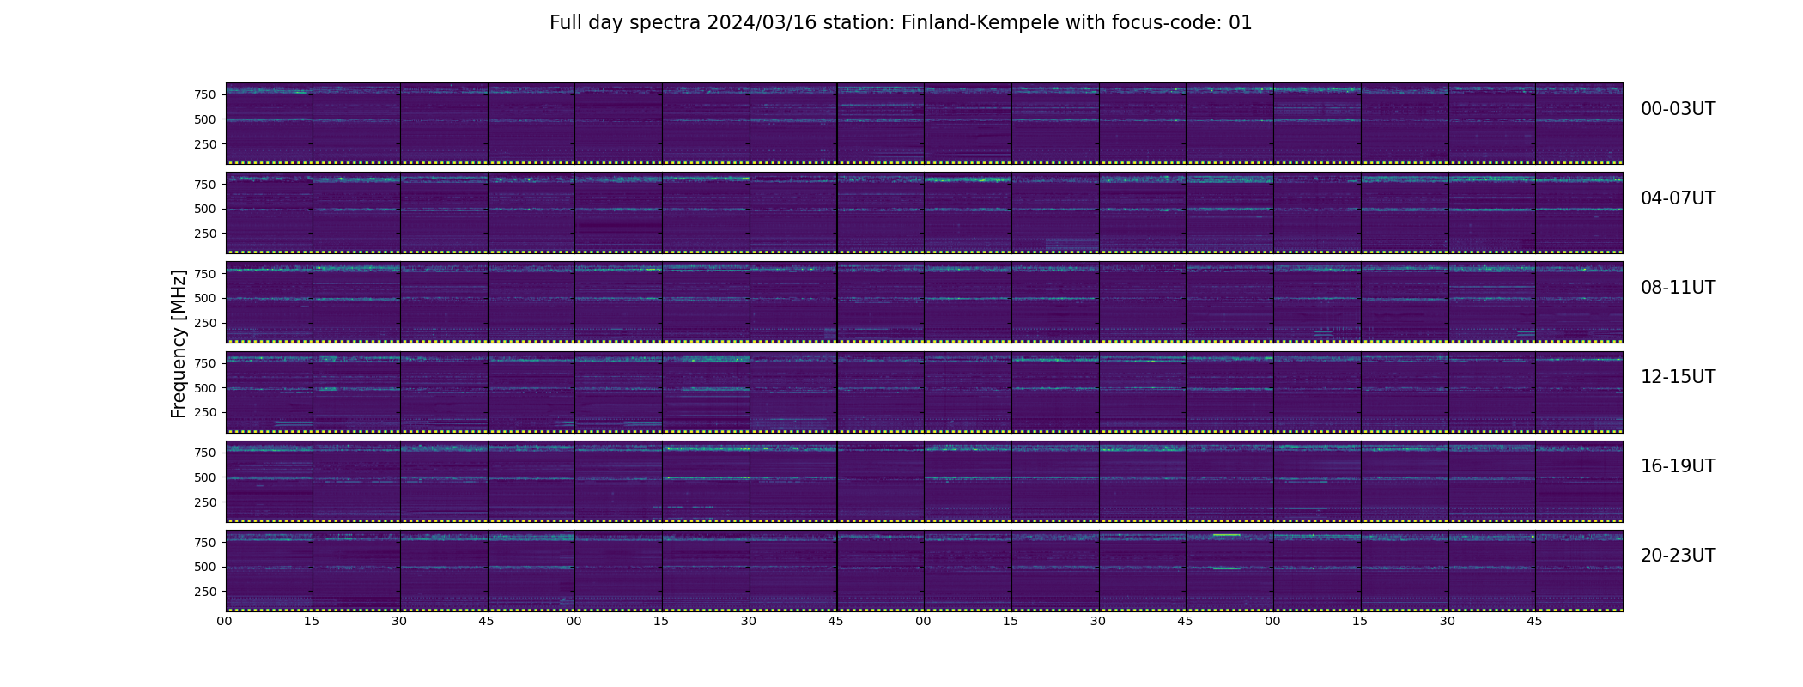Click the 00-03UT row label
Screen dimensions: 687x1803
(x=1678, y=109)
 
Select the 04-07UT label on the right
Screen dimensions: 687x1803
(x=1678, y=198)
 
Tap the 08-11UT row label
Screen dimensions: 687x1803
(x=1678, y=288)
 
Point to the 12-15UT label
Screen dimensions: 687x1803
(x=1678, y=377)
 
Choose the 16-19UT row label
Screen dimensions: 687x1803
(x=1678, y=466)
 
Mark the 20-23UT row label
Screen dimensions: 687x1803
(x=1678, y=556)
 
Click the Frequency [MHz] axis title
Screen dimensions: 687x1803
(x=179, y=343)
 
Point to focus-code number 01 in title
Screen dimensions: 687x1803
(x=1241, y=23)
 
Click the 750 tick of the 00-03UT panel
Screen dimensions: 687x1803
(x=204, y=94)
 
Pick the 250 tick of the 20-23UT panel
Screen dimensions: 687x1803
(x=204, y=592)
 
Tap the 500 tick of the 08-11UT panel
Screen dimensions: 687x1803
(x=204, y=299)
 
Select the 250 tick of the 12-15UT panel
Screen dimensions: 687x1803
(x=204, y=413)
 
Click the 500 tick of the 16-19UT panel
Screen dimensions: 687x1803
(x=204, y=477)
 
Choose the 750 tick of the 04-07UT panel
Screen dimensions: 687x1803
(x=204, y=185)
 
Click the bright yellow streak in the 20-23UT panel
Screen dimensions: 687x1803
(x=1226, y=535)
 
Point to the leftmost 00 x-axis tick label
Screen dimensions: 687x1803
(x=225, y=621)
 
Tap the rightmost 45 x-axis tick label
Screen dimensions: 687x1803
(x=1535, y=621)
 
